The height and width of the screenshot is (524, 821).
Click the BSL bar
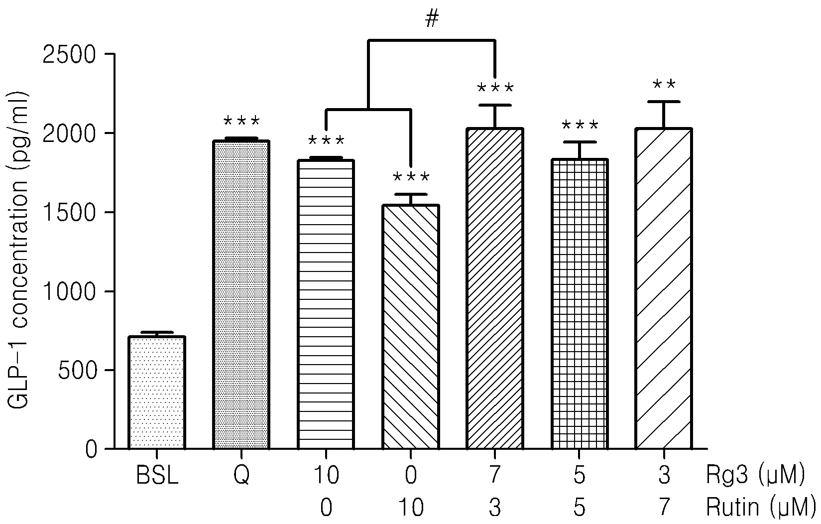click(x=157, y=393)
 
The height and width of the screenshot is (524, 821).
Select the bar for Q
click(x=241, y=294)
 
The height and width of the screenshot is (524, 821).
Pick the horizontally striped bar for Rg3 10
click(x=326, y=304)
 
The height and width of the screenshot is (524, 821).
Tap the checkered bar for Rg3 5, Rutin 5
click(x=580, y=304)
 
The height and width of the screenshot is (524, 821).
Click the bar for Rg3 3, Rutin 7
click(x=664, y=288)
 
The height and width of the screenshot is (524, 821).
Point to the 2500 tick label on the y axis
click(x=69, y=55)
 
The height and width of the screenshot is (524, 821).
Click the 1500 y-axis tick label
click(x=69, y=213)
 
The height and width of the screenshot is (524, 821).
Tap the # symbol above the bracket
click(x=432, y=19)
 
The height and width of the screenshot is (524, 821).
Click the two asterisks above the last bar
click(x=664, y=85)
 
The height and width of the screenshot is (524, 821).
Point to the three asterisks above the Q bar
click(x=241, y=121)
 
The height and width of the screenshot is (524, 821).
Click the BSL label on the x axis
click(x=157, y=476)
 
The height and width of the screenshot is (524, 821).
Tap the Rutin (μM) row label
click(x=761, y=508)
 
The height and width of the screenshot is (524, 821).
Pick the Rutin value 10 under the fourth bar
click(x=410, y=508)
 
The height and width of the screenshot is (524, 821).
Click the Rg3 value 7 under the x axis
click(x=495, y=476)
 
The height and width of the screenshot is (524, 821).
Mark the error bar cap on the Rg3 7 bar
click(x=495, y=105)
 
